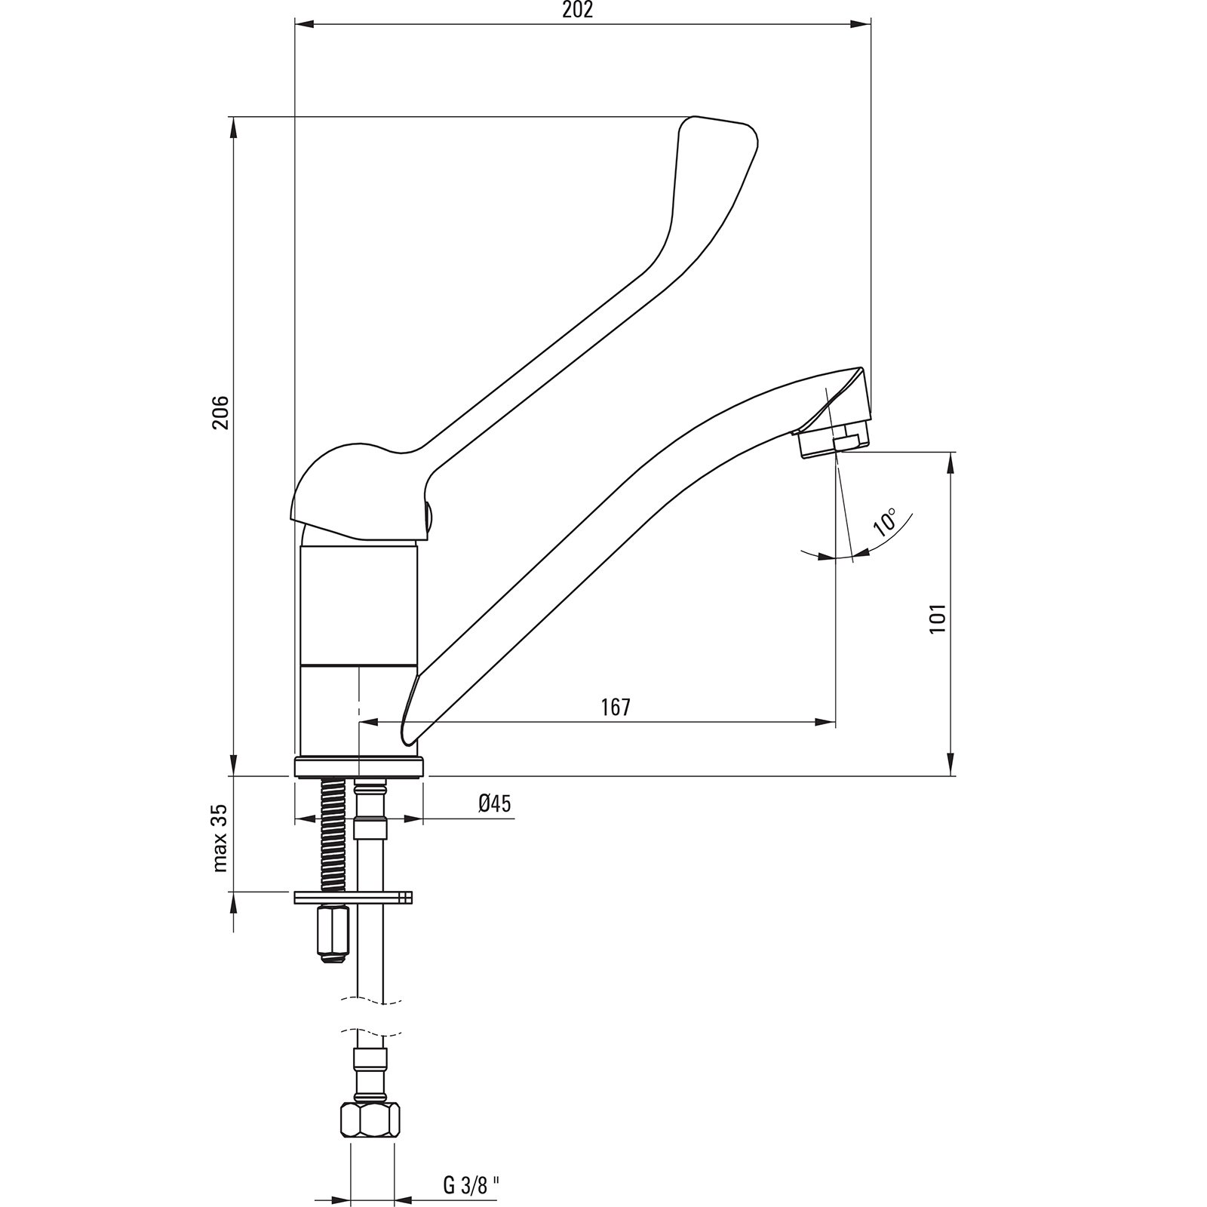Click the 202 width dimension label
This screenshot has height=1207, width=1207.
[x=578, y=11]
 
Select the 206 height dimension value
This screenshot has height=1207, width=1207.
[x=220, y=412]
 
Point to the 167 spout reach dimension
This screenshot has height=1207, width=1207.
[x=615, y=707]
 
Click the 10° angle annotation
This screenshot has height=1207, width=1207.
[x=885, y=522]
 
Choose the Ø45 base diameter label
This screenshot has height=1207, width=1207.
[x=494, y=803]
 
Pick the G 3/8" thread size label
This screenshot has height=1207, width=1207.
[x=472, y=1165]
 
